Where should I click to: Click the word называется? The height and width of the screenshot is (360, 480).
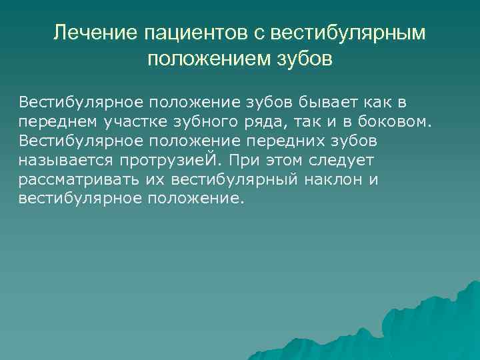(x=68, y=161)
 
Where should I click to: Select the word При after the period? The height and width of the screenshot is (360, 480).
(x=254, y=161)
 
